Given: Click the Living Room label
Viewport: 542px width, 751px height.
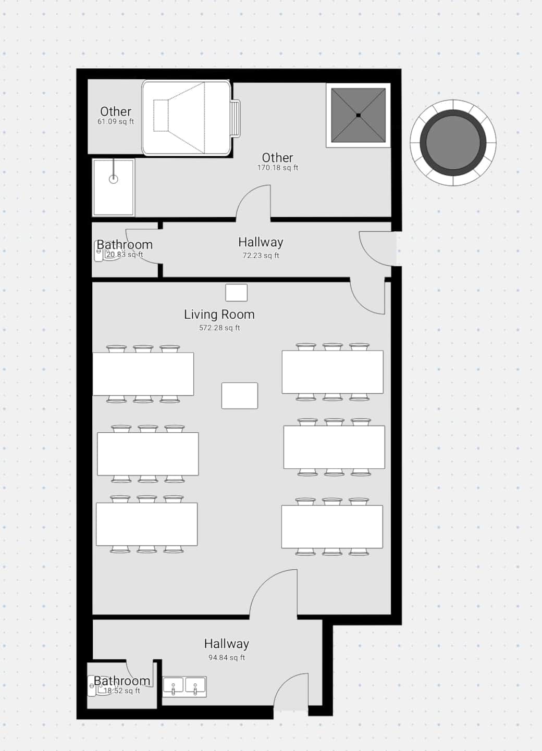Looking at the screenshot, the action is click(x=219, y=315).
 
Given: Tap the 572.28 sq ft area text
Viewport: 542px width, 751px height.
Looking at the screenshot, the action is click(x=219, y=328).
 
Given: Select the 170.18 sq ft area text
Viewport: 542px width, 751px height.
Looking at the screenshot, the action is click(x=278, y=168).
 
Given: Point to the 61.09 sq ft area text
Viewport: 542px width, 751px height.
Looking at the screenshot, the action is click(x=116, y=121).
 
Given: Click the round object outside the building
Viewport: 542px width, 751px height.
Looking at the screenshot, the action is click(x=453, y=143).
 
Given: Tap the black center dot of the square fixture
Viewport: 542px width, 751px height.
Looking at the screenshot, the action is click(x=358, y=115).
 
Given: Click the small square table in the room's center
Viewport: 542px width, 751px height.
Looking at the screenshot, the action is click(x=240, y=396).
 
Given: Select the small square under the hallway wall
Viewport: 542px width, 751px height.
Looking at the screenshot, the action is click(x=237, y=293).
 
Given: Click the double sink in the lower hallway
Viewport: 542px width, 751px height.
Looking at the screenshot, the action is click(x=184, y=687).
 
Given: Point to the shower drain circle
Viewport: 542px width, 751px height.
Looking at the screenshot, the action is click(x=114, y=179).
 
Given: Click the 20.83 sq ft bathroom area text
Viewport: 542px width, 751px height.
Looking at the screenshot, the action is click(x=125, y=255).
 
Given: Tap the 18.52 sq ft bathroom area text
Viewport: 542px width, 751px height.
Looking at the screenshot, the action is click(x=122, y=691).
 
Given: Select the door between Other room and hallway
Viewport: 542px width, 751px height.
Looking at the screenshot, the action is click(x=254, y=203).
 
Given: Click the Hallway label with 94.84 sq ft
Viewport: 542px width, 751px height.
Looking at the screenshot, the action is click(x=227, y=644).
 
